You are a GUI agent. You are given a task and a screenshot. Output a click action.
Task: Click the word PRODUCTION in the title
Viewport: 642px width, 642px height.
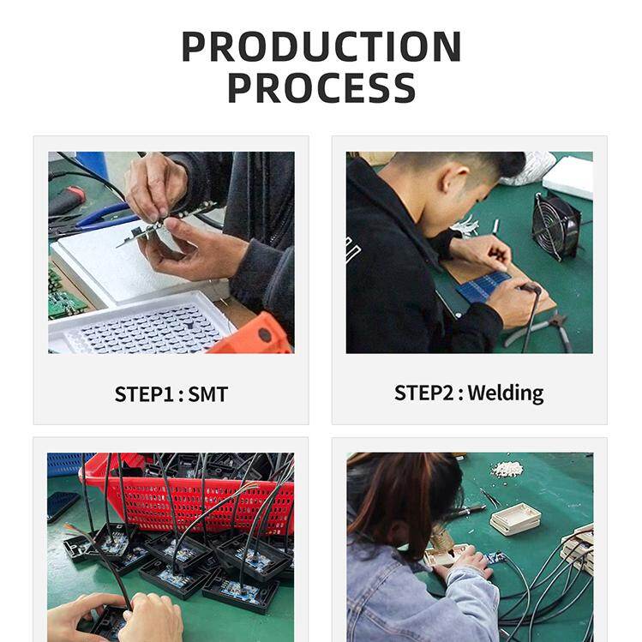(x=321, y=46)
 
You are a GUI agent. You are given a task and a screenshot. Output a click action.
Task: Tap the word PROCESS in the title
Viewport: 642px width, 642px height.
(x=321, y=88)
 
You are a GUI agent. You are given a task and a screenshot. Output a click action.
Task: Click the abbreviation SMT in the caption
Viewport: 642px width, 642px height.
(x=208, y=394)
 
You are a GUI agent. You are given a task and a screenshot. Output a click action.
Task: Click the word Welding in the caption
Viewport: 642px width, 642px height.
(x=506, y=393)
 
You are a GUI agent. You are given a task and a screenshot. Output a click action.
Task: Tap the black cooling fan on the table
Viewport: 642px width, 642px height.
(x=556, y=225)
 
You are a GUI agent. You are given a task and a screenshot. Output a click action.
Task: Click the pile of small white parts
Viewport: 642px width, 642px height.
(x=508, y=469)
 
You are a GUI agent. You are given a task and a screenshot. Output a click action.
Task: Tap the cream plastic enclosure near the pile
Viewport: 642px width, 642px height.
(x=514, y=518)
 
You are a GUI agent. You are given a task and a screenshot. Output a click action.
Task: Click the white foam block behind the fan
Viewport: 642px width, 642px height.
(x=568, y=177)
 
